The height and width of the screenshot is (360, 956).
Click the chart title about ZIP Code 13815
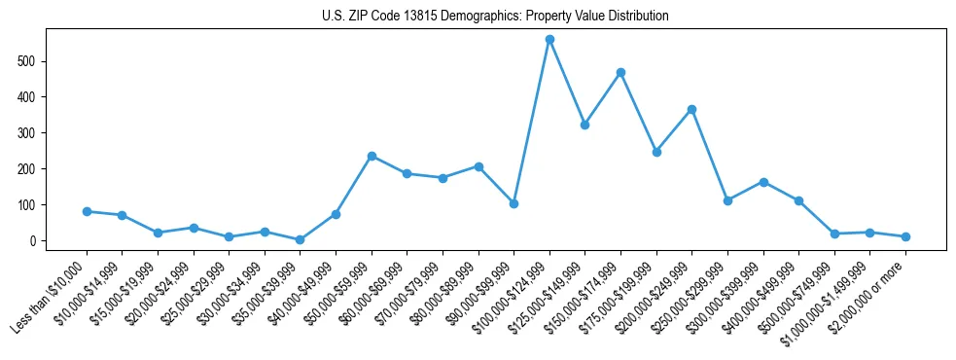click(495, 16)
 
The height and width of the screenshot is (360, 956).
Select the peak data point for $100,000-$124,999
click(549, 40)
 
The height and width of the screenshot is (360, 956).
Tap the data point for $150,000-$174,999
click(620, 72)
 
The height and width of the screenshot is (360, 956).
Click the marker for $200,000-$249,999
click(691, 110)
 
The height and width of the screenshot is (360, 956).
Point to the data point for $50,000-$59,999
click(372, 156)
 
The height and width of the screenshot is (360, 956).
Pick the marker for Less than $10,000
click(87, 211)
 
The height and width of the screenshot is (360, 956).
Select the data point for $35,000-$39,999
click(300, 239)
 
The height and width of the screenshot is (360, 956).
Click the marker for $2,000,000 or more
click(905, 236)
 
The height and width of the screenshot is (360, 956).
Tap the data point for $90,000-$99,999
click(513, 203)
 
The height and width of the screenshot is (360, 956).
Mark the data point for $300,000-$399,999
click(763, 182)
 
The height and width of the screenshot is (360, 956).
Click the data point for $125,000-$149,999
click(584, 125)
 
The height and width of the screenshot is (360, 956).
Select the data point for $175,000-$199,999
click(656, 152)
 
